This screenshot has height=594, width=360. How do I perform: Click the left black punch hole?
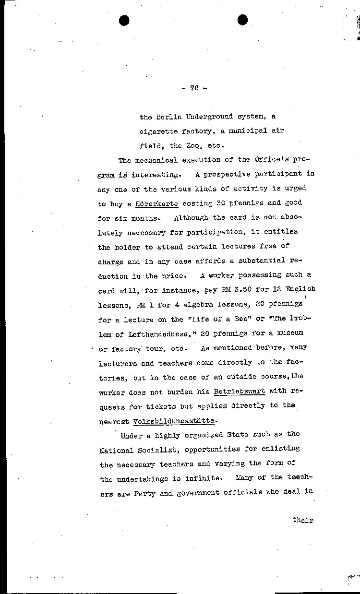click(x=124, y=20)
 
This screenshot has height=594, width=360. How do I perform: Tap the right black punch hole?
click(x=243, y=20)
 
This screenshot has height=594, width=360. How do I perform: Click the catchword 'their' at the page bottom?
click(x=302, y=520)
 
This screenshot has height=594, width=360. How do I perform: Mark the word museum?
click(x=294, y=333)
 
